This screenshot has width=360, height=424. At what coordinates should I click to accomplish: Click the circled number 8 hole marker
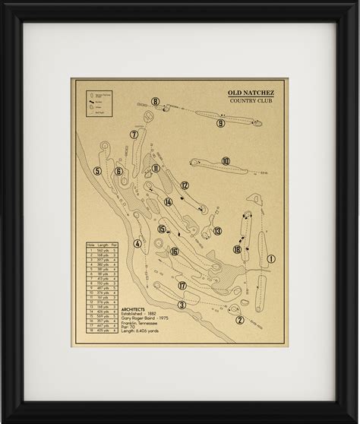155,101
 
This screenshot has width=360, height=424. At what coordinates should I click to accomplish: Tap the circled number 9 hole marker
221,123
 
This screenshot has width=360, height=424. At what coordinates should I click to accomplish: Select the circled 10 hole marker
226,161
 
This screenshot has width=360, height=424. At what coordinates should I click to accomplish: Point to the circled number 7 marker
134,134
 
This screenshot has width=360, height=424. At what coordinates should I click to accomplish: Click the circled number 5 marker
97,171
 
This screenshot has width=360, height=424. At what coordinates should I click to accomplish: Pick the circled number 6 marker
118,171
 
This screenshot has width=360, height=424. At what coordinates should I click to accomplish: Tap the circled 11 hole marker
156,168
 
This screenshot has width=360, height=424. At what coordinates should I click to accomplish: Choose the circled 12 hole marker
185,185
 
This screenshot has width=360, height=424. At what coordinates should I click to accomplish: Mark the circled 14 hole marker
168,202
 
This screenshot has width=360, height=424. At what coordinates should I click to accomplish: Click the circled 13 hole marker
217,231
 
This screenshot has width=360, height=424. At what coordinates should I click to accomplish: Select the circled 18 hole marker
238,249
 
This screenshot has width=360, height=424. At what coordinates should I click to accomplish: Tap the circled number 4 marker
137,244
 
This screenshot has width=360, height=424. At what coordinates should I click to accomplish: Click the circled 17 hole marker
182,285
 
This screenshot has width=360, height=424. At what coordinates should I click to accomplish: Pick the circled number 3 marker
182,305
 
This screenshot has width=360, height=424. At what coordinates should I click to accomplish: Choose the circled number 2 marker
240,320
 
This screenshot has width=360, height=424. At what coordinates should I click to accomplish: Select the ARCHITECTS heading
134,309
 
